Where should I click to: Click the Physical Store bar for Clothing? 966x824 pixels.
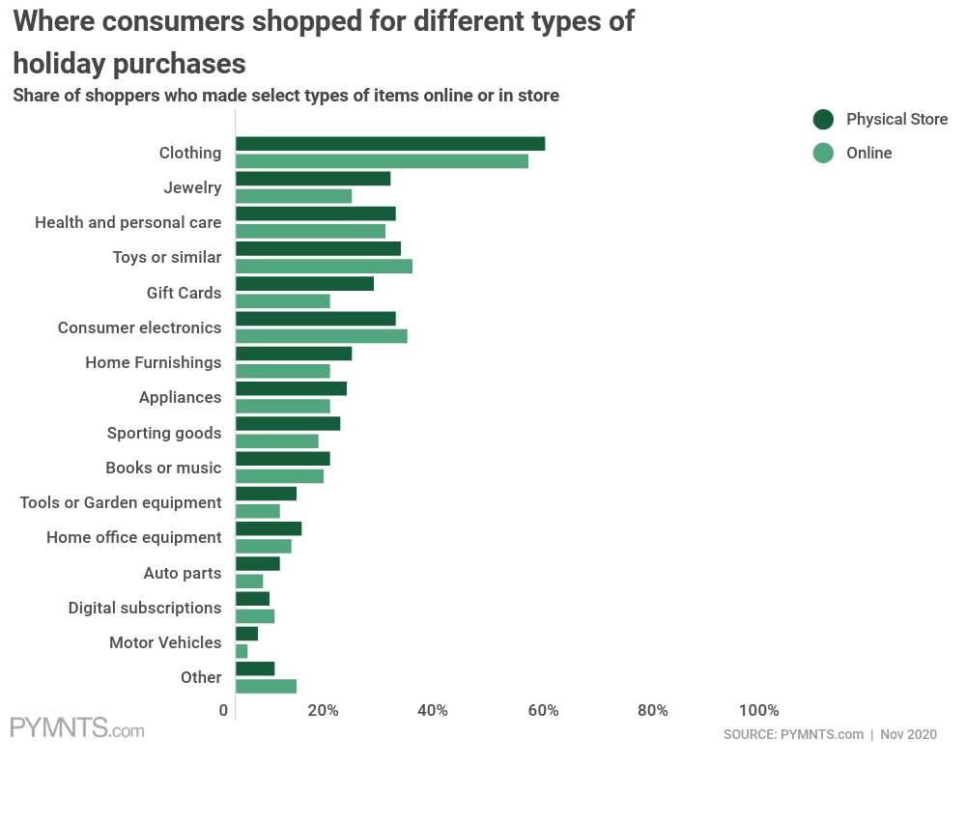390,144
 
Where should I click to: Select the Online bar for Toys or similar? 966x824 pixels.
324,267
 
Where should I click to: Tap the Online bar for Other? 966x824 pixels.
266,687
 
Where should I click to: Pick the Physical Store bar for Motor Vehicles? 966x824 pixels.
246,634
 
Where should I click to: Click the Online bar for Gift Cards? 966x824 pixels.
282,301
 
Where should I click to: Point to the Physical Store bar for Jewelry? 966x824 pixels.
313,179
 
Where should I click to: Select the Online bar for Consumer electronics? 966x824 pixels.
321,336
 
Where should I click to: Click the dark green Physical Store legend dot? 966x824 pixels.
823,120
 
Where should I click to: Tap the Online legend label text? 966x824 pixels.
868,153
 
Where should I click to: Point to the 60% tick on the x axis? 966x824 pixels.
544,711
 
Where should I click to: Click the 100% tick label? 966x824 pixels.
758,711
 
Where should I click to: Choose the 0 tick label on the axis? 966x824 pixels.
224,711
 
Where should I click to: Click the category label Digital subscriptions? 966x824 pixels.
145,608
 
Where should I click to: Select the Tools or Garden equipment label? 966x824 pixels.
121,502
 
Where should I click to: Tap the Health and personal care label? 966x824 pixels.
128,222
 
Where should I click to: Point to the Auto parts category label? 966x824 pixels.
183,573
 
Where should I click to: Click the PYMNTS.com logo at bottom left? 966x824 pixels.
77,728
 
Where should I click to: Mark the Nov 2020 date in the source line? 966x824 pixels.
908,734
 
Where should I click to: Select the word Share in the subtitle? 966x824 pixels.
35,96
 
